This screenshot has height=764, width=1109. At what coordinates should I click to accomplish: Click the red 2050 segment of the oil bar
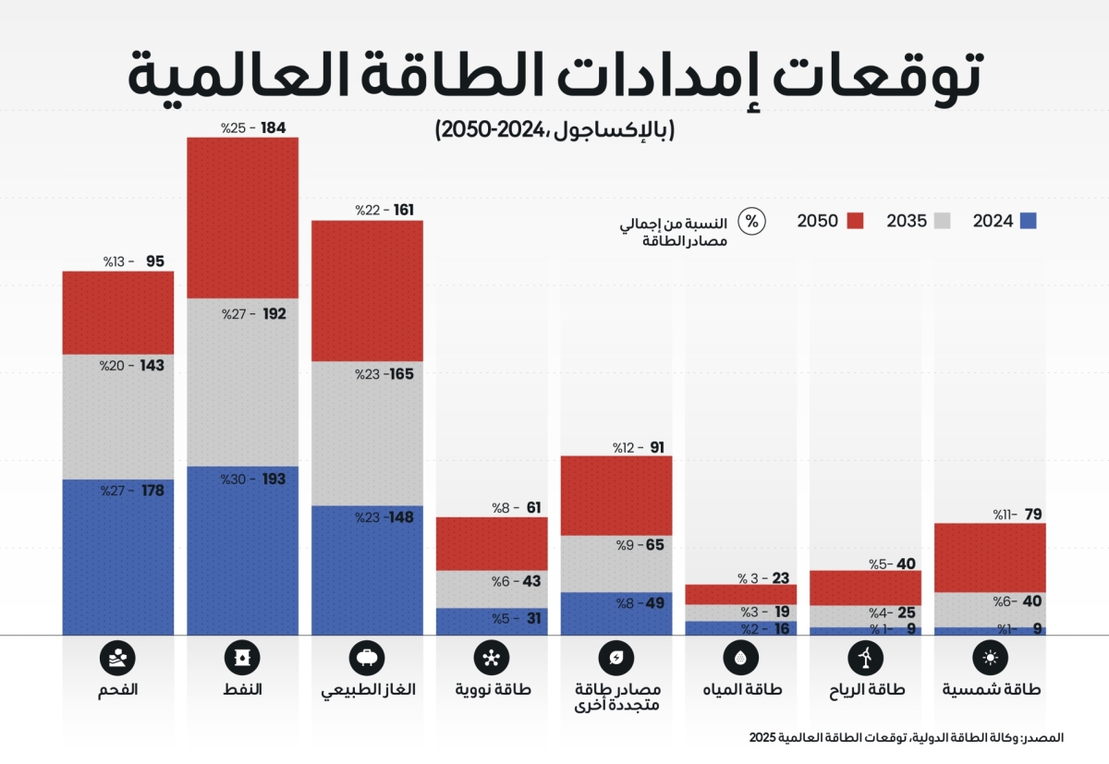tap(242, 217)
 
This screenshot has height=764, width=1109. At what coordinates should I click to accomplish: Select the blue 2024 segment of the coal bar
tap(117, 557)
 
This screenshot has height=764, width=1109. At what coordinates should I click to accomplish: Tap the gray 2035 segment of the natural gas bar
tap(367, 433)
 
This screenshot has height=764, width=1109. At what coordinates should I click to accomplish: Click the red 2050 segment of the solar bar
tap(990, 557)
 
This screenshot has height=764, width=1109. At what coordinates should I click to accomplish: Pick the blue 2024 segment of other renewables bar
tap(616, 613)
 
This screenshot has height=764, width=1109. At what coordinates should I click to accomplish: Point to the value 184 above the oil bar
tap(274, 127)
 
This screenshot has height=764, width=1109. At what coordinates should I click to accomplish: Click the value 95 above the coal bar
tap(154, 261)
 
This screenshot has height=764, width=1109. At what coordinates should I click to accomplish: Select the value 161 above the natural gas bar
tap(403, 211)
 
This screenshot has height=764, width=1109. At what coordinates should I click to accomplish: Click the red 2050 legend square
tap(855, 221)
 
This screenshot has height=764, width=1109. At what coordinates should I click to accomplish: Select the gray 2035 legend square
tap(943, 221)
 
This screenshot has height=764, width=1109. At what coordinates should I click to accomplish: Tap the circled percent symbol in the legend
tap(752, 222)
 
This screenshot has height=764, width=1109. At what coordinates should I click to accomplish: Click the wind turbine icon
tap(865, 658)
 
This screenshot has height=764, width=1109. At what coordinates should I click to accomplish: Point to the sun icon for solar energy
tap(990, 658)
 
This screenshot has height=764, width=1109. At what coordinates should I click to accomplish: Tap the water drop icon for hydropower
tap(740, 658)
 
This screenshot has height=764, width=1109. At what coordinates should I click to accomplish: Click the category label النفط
tap(243, 690)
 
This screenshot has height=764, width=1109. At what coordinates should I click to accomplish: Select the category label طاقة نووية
tap(491, 690)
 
